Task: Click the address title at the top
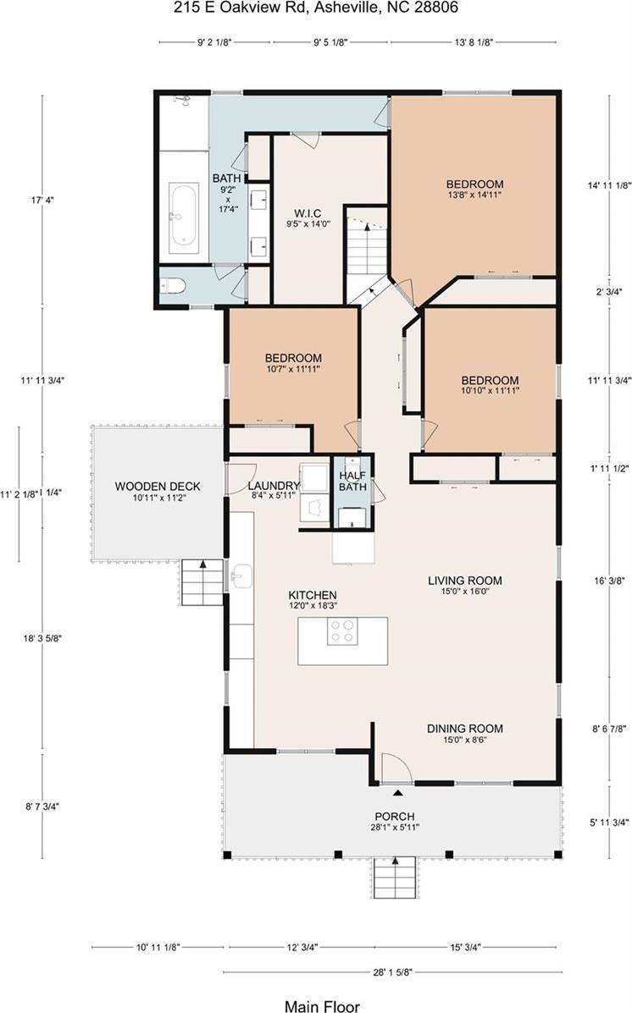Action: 315,7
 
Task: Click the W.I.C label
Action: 306,212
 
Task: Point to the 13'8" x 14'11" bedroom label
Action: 474,190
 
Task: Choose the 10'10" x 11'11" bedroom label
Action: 490,385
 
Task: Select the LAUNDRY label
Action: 274,491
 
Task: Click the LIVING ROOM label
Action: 464,586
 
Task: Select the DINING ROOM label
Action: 464,733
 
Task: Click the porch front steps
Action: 394,878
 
